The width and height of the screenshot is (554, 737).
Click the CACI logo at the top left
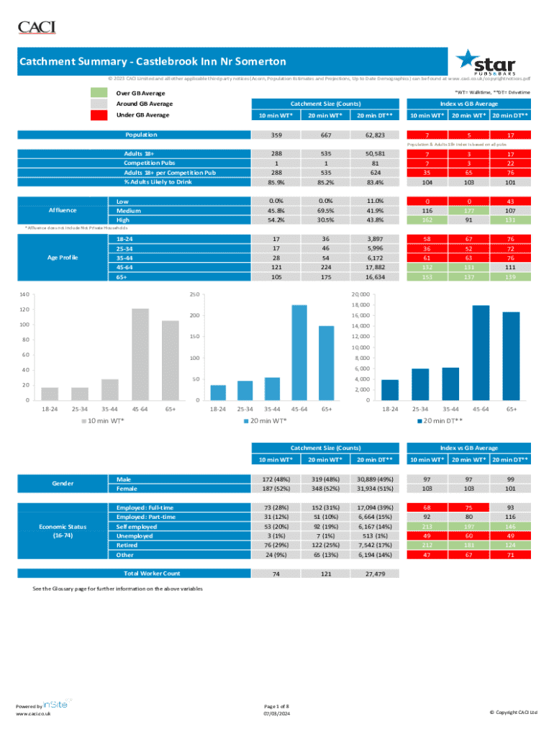point(36,27)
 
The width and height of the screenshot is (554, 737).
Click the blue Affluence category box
point(63,210)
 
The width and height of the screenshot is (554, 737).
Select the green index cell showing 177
point(468,210)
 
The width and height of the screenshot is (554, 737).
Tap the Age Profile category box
point(63,257)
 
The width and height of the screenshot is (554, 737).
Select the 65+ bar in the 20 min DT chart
point(511,356)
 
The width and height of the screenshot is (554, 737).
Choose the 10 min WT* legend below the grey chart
point(100,420)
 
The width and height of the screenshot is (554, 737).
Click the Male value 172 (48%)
point(271,479)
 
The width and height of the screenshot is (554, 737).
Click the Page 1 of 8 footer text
point(277,705)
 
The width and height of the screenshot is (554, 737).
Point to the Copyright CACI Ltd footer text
point(513,713)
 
